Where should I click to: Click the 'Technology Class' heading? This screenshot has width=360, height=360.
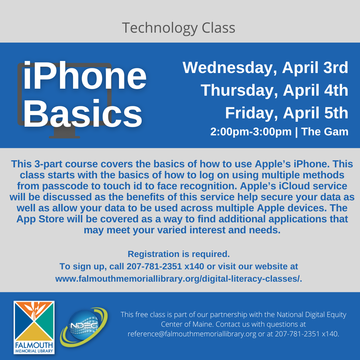[178, 28]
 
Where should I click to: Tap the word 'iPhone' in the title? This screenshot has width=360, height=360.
[85, 75]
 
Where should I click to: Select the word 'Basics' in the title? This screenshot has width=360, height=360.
[83, 114]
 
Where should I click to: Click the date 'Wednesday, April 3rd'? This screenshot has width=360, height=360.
[265, 68]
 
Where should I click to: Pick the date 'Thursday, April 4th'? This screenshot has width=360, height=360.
[274, 90]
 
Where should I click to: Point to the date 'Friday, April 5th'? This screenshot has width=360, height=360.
[287, 113]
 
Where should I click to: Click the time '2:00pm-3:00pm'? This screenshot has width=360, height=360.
[251, 132]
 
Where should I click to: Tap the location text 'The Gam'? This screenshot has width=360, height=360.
[325, 132]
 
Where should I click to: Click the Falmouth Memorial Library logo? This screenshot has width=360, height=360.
[34, 327]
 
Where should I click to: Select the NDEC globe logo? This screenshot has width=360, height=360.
[84, 327]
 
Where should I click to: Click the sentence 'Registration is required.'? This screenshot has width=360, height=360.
[179, 254]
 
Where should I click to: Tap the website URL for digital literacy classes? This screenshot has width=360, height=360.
[179, 279]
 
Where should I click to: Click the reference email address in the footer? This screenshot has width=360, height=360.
[192, 334]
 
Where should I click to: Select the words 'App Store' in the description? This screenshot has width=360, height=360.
[40, 219]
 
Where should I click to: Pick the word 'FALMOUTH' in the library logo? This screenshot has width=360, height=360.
[34, 345]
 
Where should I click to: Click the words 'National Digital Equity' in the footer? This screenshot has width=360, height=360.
[311, 315]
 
